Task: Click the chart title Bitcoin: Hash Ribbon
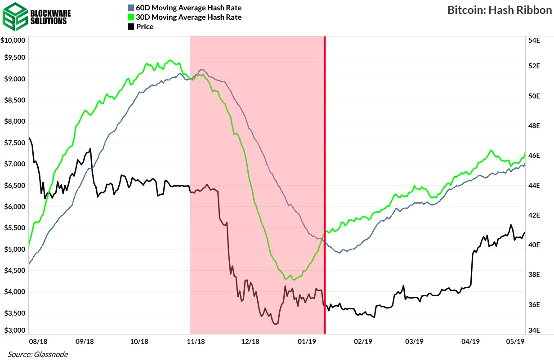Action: point(499,10)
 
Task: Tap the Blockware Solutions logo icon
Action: point(14,16)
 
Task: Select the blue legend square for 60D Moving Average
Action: point(130,8)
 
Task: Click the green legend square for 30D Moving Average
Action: point(130,17)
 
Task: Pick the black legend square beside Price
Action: point(130,27)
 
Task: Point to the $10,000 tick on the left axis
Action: point(14,40)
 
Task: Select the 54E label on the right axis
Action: point(534,40)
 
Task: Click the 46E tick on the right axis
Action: point(534,156)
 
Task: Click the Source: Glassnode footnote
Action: point(37,354)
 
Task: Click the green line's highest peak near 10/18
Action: point(170,60)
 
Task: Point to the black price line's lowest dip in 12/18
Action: point(275,323)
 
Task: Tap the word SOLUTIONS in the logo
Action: point(49,21)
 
